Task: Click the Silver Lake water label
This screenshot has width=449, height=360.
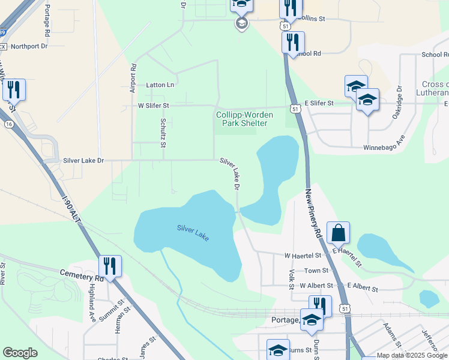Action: coord(193,233)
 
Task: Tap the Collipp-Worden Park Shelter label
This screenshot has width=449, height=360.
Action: coord(244,119)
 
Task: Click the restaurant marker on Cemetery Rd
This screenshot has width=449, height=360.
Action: coord(110,265)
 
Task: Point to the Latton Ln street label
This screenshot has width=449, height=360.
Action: coord(160,85)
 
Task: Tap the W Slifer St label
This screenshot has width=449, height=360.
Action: coord(154,106)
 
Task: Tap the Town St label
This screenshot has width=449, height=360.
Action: coord(316,271)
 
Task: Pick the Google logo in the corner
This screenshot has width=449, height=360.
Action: coord(20,353)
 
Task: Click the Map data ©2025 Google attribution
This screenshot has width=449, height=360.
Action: coord(412,356)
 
